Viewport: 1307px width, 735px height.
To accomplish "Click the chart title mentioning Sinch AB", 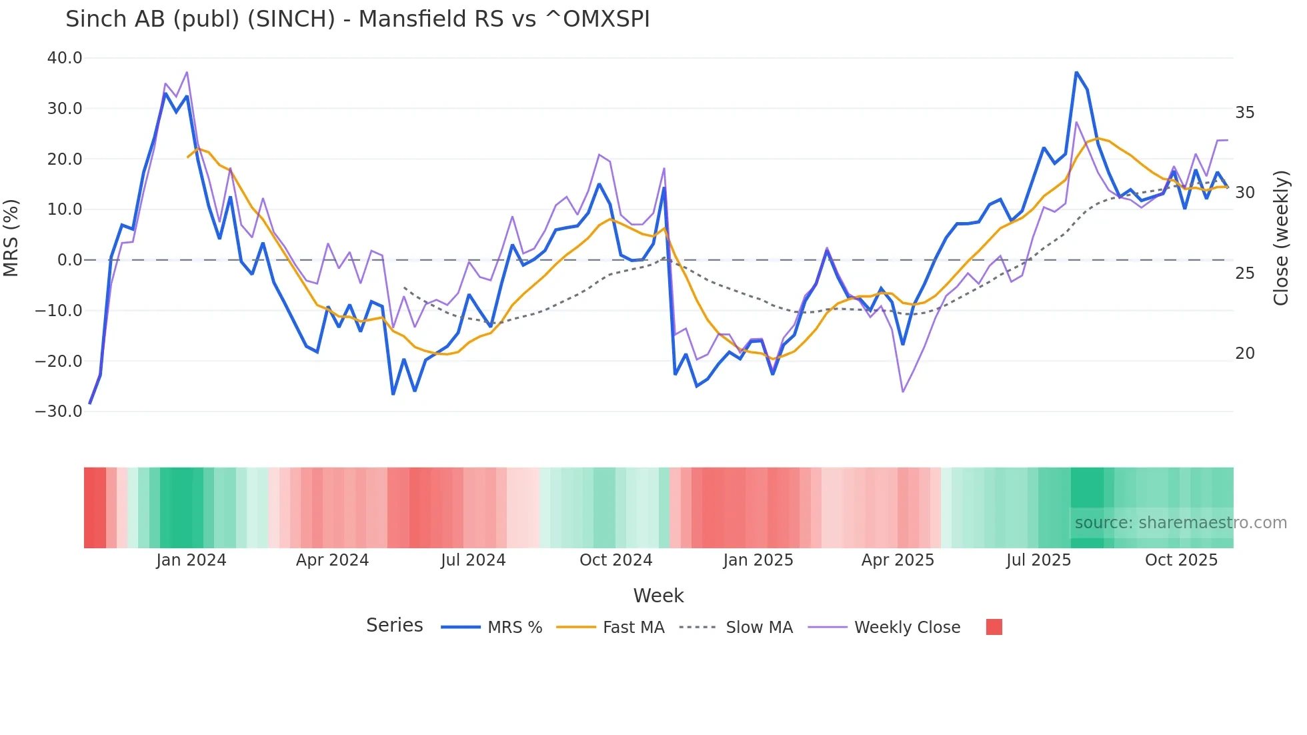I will (357, 19).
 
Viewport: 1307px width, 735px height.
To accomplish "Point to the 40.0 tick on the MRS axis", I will (65, 58).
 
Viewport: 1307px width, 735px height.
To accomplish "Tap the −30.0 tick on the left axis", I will (59, 412).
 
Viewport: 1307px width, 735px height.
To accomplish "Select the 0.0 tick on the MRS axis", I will (69, 260).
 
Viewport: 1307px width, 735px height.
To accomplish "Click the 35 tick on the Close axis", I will (1244, 113).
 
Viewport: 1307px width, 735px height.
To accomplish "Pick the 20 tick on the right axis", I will (1244, 353).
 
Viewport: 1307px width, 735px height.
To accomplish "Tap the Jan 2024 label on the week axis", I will (191, 560).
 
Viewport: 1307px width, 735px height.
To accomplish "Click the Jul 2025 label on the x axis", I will (1038, 560).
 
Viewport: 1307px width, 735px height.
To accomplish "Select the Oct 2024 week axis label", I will (615, 560).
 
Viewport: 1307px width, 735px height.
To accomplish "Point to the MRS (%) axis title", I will (11, 237).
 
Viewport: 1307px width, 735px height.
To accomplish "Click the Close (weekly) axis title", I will (1281, 238).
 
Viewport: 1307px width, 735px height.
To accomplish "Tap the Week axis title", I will (658, 596).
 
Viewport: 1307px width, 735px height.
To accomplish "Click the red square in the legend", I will (994, 627).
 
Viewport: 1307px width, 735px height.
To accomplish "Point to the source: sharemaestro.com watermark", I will (1180, 523).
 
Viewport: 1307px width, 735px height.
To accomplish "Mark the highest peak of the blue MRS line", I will (1076, 72).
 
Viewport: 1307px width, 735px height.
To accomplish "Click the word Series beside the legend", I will (395, 626).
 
